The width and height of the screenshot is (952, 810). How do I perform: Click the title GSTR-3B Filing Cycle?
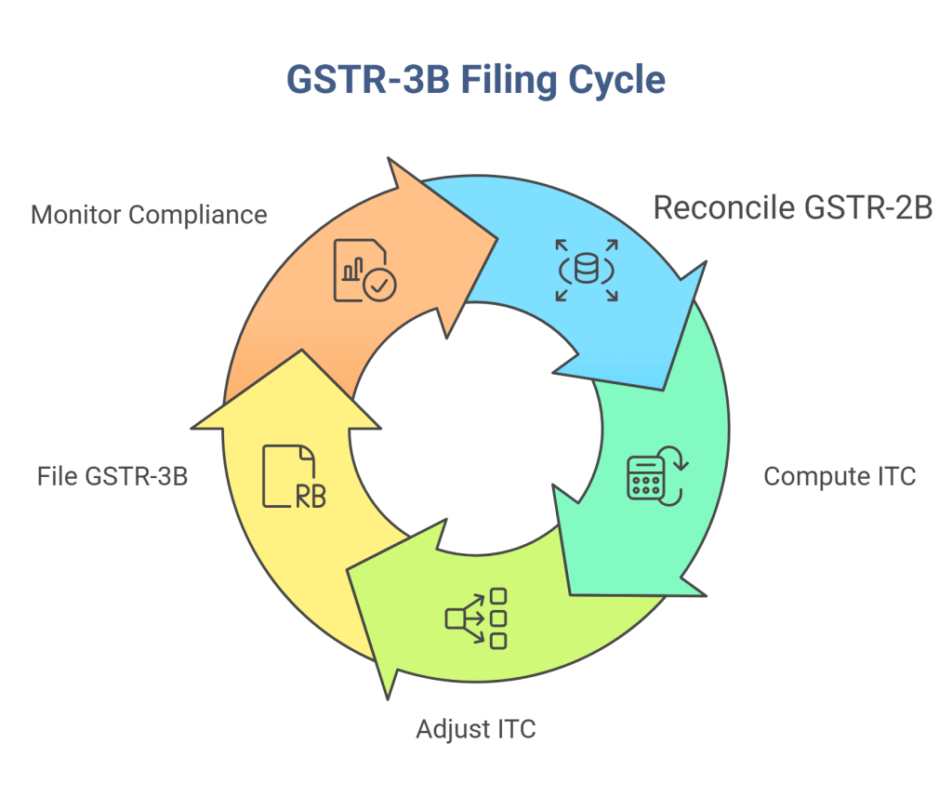pyautogui.click(x=475, y=80)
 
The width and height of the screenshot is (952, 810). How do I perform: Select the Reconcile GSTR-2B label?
pyautogui.click(x=792, y=208)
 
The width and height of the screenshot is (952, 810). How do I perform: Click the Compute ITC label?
pyautogui.click(x=840, y=476)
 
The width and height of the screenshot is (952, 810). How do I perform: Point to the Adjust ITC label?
pyautogui.click(x=476, y=728)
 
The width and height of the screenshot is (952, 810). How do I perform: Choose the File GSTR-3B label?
pyautogui.click(x=112, y=476)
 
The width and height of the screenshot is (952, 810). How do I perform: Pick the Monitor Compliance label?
pyautogui.click(x=149, y=215)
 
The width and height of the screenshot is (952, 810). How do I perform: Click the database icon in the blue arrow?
pyautogui.click(x=587, y=270)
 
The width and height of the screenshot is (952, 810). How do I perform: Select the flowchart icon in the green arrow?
pyautogui.click(x=477, y=617)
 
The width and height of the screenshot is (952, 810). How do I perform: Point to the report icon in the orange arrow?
pyautogui.click(x=363, y=270)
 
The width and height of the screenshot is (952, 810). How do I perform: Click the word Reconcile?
pyautogui.click(x=717, y=208)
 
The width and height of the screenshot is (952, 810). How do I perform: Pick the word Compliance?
pyautogui.click(x=197, y=215)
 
